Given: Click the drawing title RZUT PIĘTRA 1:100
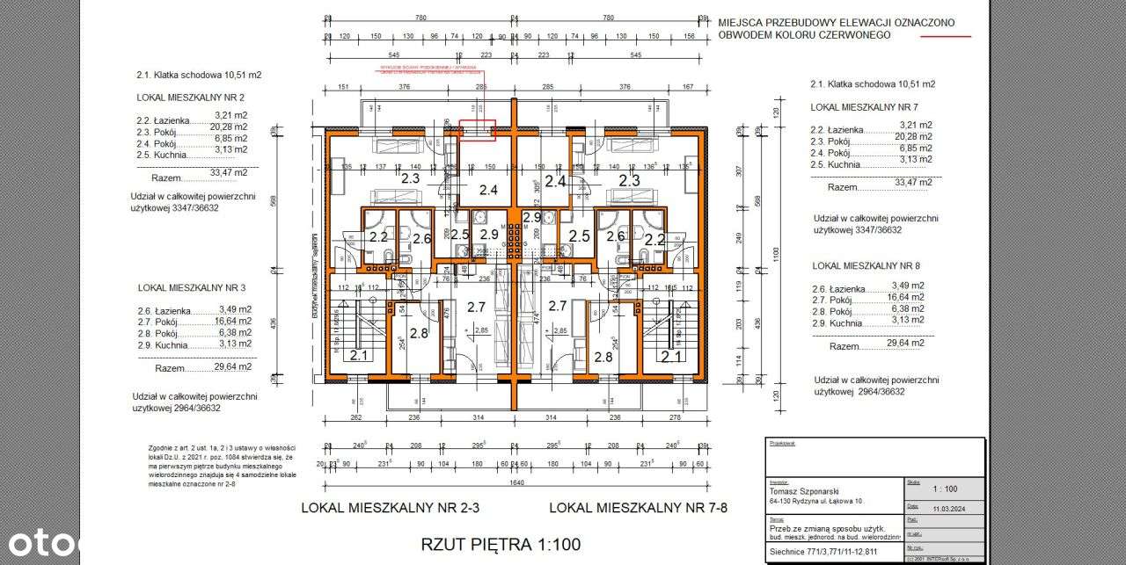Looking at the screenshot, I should [x=501, y=545].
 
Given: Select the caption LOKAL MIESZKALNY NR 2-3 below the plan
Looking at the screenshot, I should [x=396, y=507].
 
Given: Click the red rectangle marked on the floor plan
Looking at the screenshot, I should [x=477, y=130].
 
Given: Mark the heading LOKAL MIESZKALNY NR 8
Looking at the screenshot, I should [x=866, y=264].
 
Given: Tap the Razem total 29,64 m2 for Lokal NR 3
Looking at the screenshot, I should [x=232, y=366].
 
